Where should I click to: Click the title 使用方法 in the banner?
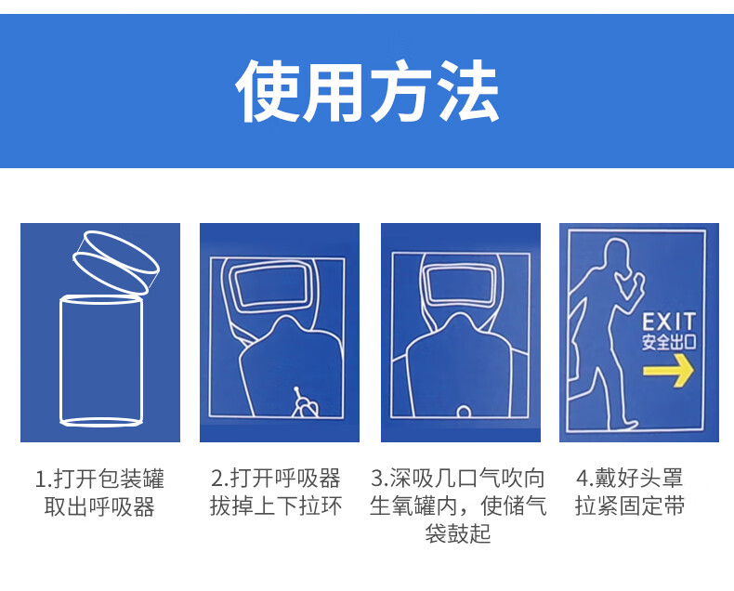click(368, 91)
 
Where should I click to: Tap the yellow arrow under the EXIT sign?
click(668, 370)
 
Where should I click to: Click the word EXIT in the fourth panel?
click(668, 322)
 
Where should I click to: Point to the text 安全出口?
click(668, 342)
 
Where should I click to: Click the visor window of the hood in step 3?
click(461, 284)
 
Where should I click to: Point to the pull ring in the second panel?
click(303, 403)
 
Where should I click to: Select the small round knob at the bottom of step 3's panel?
click(464, 411)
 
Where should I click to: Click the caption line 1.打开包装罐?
click(99, 479)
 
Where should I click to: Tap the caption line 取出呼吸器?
click(99, 506)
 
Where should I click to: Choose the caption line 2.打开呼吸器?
click(276, 479)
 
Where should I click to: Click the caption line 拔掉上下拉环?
click(276, 506)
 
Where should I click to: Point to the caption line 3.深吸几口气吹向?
click(458, 479)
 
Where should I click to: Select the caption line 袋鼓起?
click(458, 533)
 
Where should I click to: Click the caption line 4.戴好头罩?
click(630, 479)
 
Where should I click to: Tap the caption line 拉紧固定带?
click(630, 506)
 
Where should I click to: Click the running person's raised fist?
click(636, 282)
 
